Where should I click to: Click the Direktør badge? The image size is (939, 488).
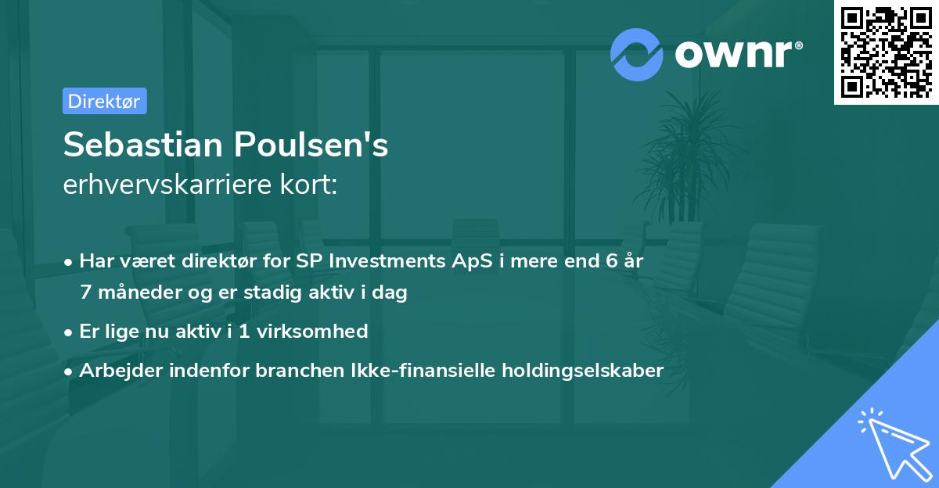(x=104, y=101)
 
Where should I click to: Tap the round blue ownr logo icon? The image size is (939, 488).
(x=637, y=54)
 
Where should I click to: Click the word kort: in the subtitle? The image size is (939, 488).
(x=311, y=185)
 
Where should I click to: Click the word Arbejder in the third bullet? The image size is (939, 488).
(x=116, y=370)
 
